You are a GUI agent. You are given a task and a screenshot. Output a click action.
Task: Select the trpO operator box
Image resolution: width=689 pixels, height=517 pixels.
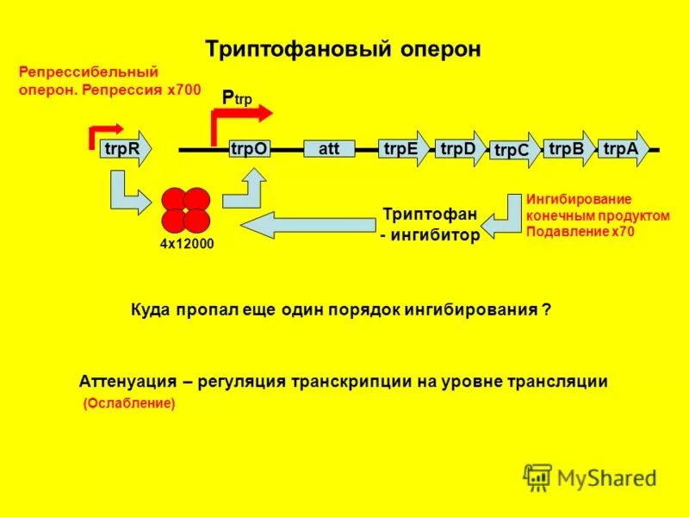249,149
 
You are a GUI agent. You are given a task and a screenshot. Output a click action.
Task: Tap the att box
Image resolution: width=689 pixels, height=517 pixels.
329,148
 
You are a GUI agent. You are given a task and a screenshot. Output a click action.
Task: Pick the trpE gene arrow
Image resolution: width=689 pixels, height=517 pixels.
403,148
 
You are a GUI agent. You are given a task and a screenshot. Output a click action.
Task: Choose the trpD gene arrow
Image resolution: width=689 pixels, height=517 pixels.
459,148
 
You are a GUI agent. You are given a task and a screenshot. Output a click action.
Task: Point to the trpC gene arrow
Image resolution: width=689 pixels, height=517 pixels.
514,151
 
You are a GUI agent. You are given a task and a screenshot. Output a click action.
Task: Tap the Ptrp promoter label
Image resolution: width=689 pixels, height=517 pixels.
238,97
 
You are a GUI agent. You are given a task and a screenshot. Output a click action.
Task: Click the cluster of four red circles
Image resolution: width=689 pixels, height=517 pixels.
184,209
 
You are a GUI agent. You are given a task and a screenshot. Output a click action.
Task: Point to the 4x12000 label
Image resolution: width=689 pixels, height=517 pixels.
186,245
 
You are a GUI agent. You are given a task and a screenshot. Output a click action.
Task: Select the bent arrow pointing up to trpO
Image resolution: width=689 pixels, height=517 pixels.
245,189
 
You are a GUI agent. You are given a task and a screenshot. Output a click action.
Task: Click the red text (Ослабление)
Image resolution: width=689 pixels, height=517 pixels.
128,403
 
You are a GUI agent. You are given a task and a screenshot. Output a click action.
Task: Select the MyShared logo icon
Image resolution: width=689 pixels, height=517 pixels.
537,477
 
